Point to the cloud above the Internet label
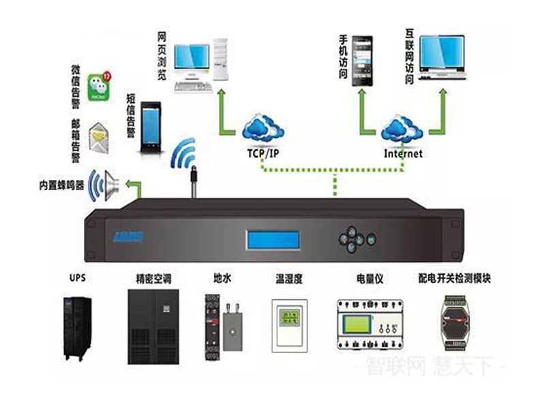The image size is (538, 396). point(402,127)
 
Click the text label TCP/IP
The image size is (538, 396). point(263,153)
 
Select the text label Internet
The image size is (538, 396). point(403,154)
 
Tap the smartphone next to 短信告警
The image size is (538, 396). point(150,127)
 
